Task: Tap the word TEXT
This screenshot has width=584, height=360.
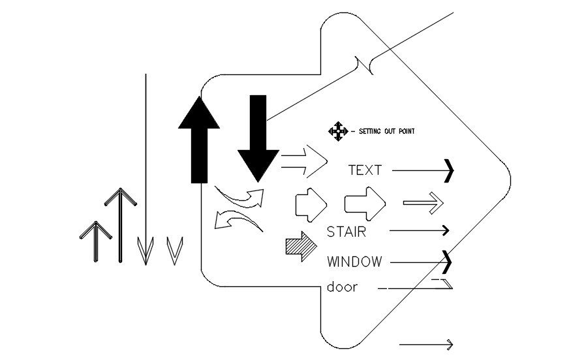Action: pos(365,170)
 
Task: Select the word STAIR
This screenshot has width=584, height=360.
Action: pos(346,231)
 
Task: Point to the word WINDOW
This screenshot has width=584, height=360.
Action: pos(354,262)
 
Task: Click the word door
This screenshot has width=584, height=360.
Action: pos(342,287)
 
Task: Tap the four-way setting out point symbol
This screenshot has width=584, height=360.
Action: pos(337,131)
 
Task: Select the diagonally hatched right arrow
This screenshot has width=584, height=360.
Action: pos(300,247)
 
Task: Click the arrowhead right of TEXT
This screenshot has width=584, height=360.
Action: pos(448,170)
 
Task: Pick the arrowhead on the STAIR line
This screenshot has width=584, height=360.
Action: pos(446,230)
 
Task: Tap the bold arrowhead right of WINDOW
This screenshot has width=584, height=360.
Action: pos(447,262)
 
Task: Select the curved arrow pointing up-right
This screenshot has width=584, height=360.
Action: pos(241,196)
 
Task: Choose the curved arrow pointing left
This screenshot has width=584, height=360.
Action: pos(236,220)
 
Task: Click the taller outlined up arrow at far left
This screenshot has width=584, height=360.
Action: pos(120,225)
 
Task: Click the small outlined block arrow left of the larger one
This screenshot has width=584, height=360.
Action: pos(311,203)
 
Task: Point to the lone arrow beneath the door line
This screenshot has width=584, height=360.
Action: pos(426,344)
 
